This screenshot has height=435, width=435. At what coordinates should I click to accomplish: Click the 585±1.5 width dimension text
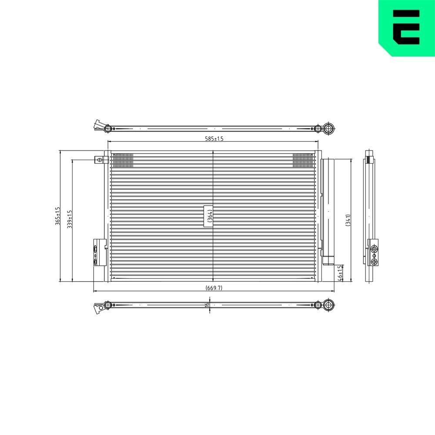214,138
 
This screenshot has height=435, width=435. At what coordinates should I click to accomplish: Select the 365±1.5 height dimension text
58,216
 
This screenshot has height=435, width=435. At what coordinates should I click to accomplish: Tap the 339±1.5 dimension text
70,219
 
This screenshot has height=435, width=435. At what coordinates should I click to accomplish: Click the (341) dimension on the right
348,220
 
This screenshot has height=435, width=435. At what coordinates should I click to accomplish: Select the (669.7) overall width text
214,288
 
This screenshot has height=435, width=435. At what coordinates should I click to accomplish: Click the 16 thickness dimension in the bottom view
207,304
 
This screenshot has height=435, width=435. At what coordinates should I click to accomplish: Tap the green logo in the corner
407,28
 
